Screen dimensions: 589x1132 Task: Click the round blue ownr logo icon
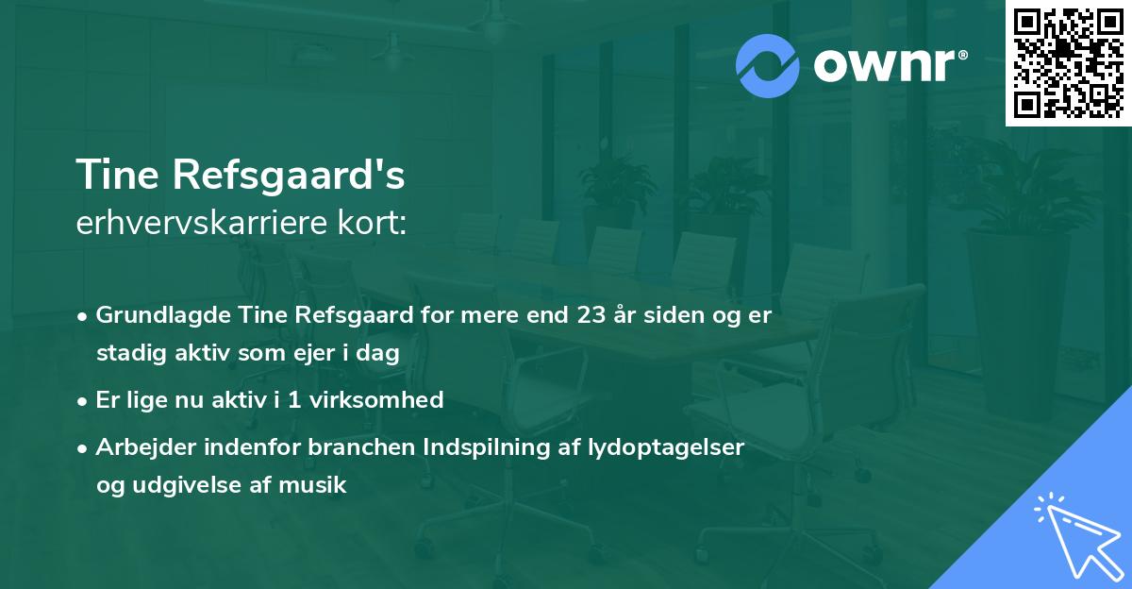[768, 66]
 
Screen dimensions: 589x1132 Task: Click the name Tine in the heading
[114, 176]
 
